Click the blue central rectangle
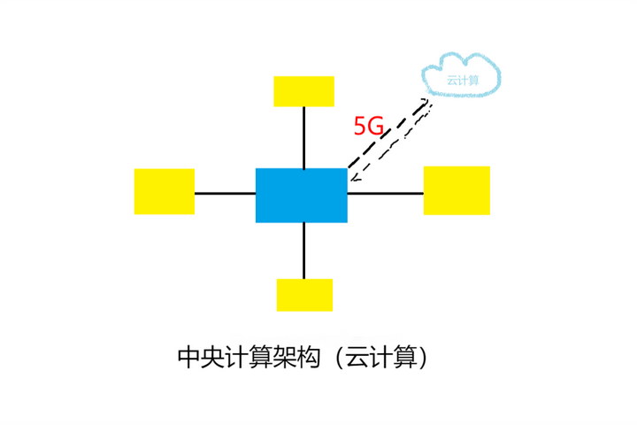[x=301, y=195]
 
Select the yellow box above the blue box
[x=303, y=91]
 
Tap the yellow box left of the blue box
[x=164, y=191]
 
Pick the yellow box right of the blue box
[x=457, y=190]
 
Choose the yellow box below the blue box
[x=304, y=295]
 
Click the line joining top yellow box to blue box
[x=304, y=137]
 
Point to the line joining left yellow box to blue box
[x=225, y=192]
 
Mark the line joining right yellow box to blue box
[x=385, y=192]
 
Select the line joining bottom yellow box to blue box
[x=304, y=251]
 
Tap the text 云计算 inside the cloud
[x=463, y=80]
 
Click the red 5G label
[x=368, y=127]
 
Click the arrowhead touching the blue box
[x=354, y=177]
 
